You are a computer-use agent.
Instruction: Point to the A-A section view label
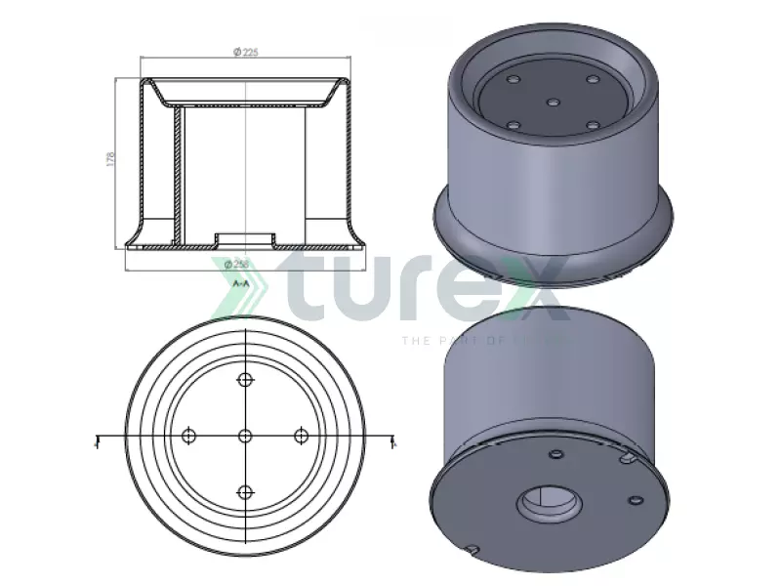coord(241,282)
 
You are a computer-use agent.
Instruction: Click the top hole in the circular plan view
coord(245,379)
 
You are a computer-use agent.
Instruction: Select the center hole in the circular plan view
coord(245,436)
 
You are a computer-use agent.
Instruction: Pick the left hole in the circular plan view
coord(189,436)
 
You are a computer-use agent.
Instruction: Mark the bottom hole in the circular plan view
coord(245,491)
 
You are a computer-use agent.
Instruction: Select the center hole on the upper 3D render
coord(553,102)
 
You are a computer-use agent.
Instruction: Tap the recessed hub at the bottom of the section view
coord(244,238)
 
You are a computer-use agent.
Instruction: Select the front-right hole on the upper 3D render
coord(592,125)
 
